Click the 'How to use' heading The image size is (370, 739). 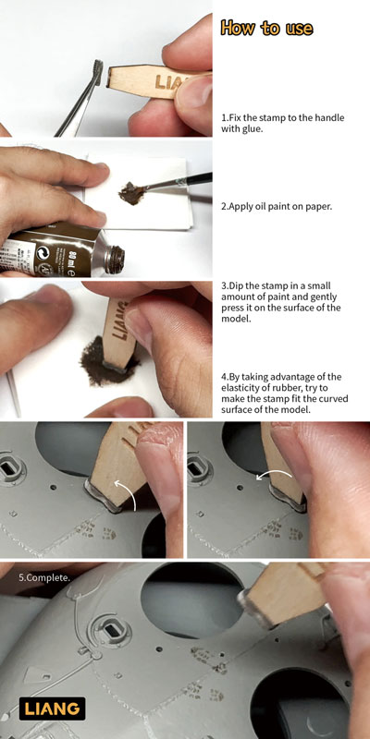click(x=266, y=28)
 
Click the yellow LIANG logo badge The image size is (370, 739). click(x=53, y=709)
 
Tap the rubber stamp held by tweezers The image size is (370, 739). click(x=99, y=72)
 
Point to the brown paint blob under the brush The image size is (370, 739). click(x=132, y=192)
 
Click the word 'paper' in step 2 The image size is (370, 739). click(x=320, y=206)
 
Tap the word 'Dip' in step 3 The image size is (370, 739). click(x=236, y=286)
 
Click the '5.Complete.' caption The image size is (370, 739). click(x=44, y=576)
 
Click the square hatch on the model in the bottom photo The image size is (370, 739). click(x=111, y=630)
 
